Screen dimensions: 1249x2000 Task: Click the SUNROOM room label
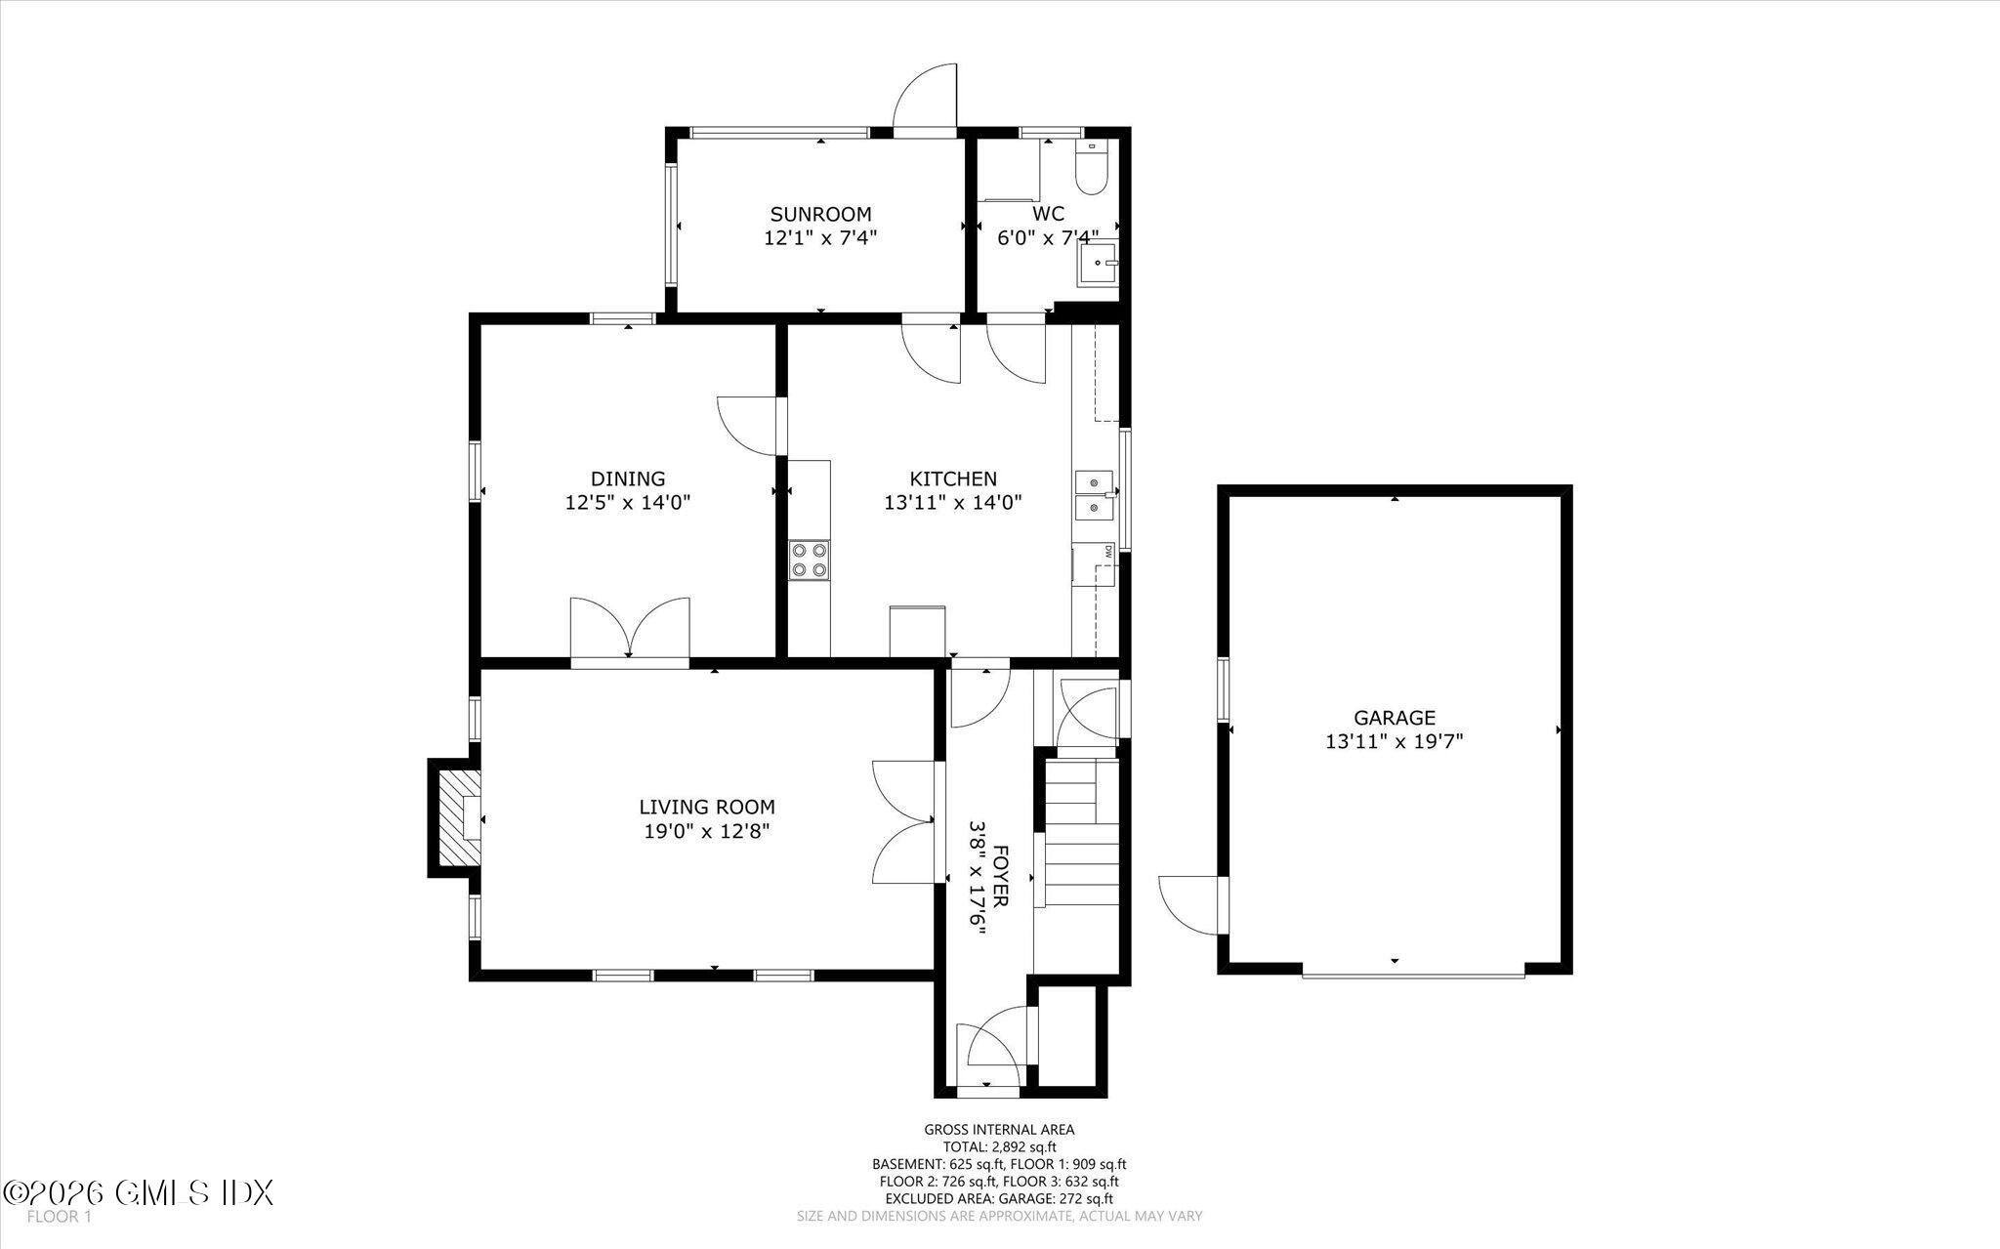819,214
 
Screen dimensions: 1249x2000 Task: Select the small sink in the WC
1098,264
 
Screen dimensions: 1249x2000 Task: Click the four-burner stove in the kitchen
809,561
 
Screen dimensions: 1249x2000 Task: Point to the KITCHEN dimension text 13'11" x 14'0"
952,503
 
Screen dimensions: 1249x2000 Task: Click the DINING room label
627,479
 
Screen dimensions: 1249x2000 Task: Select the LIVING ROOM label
706,807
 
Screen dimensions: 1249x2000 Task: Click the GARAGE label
1394,718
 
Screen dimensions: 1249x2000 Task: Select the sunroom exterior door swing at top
926,97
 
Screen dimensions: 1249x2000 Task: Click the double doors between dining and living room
630,628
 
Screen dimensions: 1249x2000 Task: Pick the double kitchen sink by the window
1095,495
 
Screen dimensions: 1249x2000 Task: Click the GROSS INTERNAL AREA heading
998,1130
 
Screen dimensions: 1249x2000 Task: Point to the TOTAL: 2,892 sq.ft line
998,1147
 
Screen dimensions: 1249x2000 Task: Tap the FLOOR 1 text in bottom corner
59,1217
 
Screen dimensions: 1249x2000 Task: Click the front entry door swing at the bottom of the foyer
989,1054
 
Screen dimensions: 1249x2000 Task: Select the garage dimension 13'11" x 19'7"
1393,741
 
